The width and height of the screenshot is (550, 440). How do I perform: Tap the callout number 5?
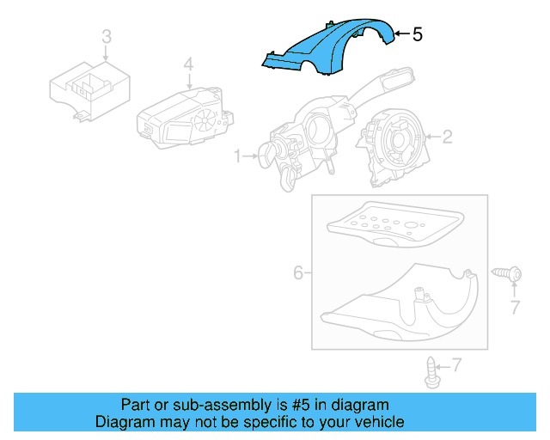pos(418,34)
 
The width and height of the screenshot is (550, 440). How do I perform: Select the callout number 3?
pos(106,37)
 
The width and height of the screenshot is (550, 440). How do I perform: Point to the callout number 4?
pos(188,65)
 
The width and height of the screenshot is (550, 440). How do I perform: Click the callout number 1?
pos(238,156)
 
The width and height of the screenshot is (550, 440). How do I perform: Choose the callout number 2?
pos(446,136)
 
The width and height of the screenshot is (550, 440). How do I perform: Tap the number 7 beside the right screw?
pos(515,307)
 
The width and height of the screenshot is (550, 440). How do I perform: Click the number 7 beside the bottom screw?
pos(455,365)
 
